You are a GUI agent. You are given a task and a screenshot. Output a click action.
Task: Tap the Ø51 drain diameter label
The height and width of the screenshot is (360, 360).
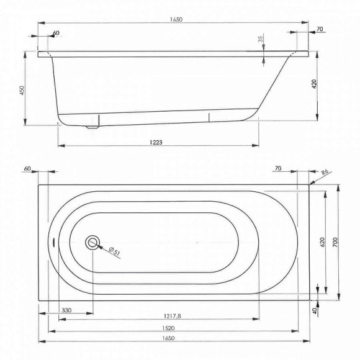[114, 251]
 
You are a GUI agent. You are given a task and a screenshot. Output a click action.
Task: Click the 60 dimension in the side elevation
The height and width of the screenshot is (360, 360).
[56, 32]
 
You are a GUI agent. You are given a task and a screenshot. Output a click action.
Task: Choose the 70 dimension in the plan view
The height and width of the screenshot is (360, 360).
[278, 168]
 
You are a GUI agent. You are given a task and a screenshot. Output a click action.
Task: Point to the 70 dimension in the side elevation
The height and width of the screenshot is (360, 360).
[320, 29]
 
